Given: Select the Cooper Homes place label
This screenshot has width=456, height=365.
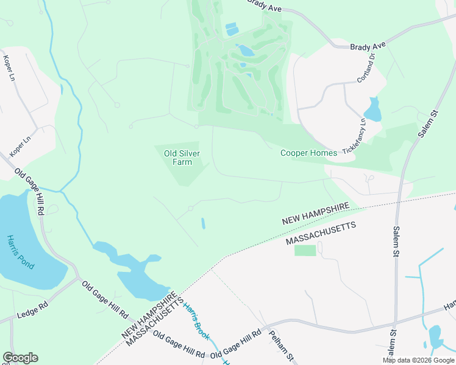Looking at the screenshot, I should pyautogui.click(x=308, y=153).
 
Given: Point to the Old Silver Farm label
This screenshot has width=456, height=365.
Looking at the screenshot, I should pyautogui.click(x=182, y=158).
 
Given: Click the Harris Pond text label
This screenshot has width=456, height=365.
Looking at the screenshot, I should pyautogui.click(x=21, y=252).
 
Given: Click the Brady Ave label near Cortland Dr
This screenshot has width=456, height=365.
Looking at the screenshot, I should pyautogui.click(x=368, y=46).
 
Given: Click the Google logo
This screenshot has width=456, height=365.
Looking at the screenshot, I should pyautogui.click(x=20, y=358).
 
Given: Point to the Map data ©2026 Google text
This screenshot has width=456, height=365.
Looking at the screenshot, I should pyautogui.click(x=418, y=360).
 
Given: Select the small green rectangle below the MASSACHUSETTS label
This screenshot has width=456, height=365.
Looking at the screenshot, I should pyautogui.click(x=305, y=250).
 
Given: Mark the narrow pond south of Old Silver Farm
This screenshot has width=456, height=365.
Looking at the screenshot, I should pyautogui.click(x=203, y=223).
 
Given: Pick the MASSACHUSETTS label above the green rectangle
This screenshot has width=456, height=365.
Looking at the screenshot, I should pyautogui.click(x=321, y=233).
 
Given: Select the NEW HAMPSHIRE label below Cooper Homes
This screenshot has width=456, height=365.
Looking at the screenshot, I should pyautogui.click(x=316, y=214).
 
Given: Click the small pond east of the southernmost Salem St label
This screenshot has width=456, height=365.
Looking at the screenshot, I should pyautogui.click(x=435, y=336).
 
